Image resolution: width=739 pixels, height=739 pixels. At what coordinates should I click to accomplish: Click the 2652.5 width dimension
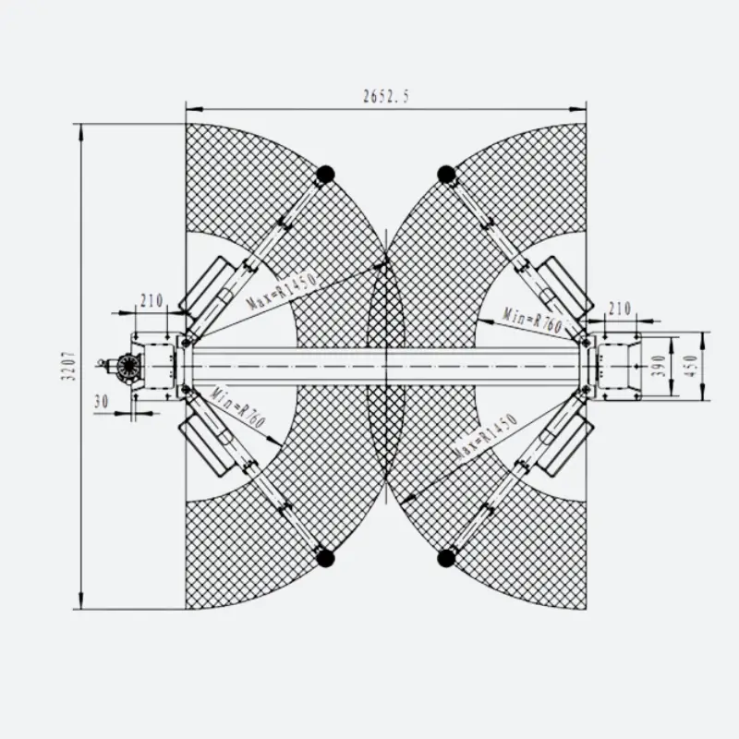(386, 96)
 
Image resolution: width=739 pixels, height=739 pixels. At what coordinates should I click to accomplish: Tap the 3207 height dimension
(68, 366)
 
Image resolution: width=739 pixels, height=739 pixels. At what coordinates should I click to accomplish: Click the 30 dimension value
(102, 402)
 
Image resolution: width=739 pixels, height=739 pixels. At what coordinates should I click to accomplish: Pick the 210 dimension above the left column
(151, 300)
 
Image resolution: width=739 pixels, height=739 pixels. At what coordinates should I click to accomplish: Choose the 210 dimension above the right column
(619, 309)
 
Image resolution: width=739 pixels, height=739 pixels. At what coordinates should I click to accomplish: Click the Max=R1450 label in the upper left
(281, 291)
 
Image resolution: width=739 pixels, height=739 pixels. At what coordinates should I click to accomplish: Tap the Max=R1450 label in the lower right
(487, 437)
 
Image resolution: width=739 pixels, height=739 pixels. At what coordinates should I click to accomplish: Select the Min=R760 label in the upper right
(533, 320)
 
